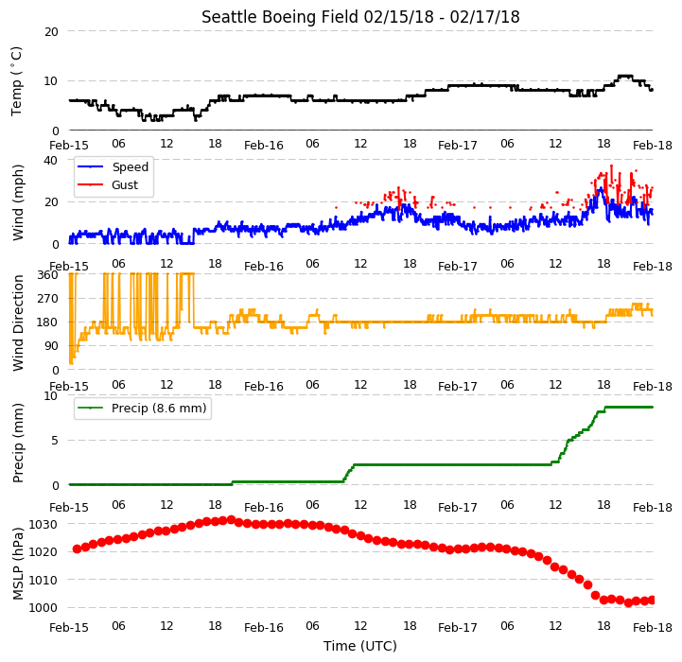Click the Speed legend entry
(x=114, y=167)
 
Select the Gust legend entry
(x=108, y=184)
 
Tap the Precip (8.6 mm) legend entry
(x=142, y=408)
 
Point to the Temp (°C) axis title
(x=16, y=81)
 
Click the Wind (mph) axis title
(x=17, y=202)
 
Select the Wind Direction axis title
(x=17, y=322)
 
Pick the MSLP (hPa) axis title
(x=17, y=564)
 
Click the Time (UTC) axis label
(x=360, y=646)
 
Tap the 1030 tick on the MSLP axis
(x=44, y=525)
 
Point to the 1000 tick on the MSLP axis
(x=44, y=608)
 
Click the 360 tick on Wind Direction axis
(x=48, y=275)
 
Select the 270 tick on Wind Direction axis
(x=48, y=299)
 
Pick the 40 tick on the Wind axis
(x=51, y=161)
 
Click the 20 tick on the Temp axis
(x=51, y=32)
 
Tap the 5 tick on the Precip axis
(x=54, y=441)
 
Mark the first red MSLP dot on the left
(x=77, y=549)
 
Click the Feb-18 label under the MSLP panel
(x=653, y=628)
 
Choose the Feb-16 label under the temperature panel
(x=264, y=146)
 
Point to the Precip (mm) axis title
(x=17, y=444)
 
